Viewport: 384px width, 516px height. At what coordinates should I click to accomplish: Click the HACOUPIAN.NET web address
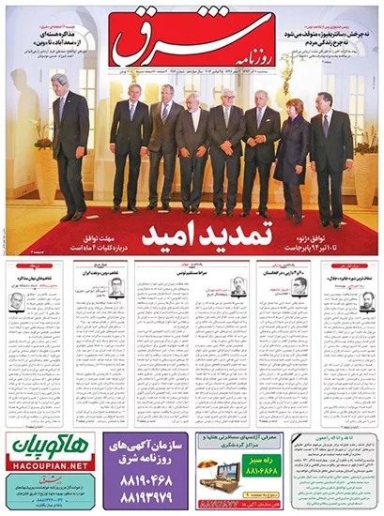[x=47, y=464]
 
